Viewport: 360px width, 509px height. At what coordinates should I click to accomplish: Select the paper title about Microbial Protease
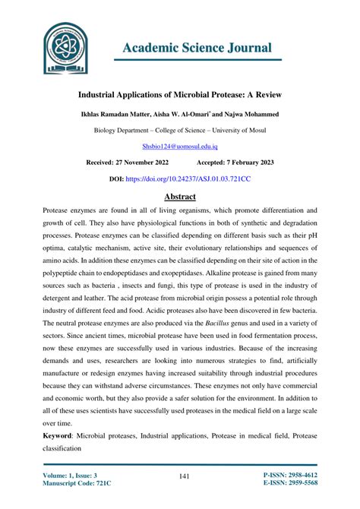coord(179,97)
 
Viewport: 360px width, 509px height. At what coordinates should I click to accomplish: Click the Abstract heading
coord(180,198)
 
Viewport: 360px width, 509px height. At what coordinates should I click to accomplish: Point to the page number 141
coord(183,476)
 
